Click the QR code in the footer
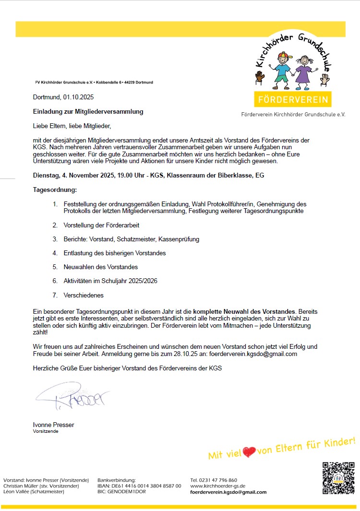pos(338,477)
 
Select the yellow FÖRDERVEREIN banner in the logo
pos(292,100)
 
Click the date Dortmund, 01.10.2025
pos(63,97)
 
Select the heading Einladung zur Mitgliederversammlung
pos(88,112)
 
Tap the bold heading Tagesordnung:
pos(55,190)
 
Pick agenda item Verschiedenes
pos(84,295)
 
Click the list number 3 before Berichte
pos(55,239)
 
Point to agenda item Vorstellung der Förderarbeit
pos(101,225)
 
